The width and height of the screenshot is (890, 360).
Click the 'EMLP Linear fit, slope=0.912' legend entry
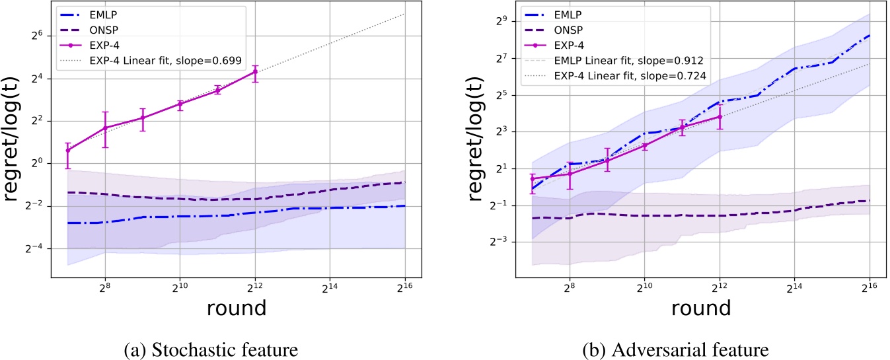(628, 61)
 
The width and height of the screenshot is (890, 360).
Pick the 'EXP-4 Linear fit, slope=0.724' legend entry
(628, 76)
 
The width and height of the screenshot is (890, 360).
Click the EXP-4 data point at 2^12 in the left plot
(255, 71)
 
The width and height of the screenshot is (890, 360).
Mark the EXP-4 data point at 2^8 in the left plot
(104, 128)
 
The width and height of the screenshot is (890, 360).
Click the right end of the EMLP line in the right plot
(870, 35)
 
